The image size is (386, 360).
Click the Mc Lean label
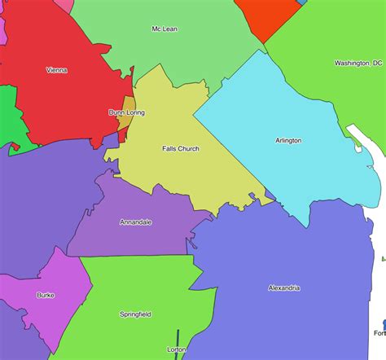(x=164, y=29)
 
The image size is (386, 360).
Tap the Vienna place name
(x=57, y=70)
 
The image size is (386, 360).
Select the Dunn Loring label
(x=126, y=112)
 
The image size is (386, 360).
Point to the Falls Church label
(x=181, y=149)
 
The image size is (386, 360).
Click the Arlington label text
(x=288, y=140)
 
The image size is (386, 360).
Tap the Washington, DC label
(x=357, y=63)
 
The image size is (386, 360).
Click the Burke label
(x=46, y=295)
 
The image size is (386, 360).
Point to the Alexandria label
(x=284, y=288)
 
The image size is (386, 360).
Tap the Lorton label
(x=176, y=349)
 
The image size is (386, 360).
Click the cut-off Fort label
(x=379, y=333)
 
